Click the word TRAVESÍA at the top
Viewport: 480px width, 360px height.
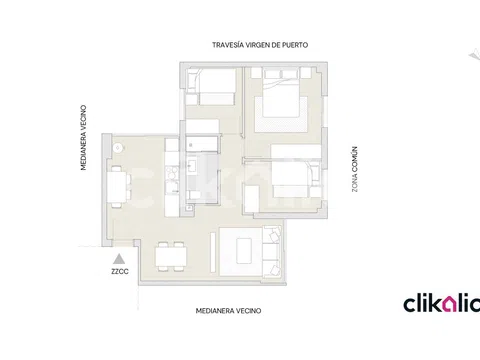(x=228, y=45)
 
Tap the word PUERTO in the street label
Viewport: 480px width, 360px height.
(x=296, y=45)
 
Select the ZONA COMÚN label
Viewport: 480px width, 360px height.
(x=354, y=169)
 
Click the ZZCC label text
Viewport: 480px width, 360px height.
(x=120, y=272)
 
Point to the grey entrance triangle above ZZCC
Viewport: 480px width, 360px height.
(x=119, y=259)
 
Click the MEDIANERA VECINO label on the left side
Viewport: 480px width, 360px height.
(x=83, y=138)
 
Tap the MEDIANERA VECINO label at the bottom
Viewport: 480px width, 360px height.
(x=228, y=311)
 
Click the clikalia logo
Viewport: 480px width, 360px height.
(x=441, y=304)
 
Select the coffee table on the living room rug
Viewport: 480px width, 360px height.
(x=244, y=250)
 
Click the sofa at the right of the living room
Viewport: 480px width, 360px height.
(x=272, y=251)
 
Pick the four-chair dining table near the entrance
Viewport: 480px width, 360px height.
(x=171, y=256)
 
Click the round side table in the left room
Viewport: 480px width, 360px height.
(x=118, y=148)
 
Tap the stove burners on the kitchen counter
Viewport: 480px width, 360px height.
(x=172, y=173)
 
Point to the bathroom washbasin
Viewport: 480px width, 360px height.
(x=192, y=166)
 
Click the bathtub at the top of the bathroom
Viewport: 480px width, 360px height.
(x=202, y=143)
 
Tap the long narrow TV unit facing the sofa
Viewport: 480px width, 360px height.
(x=213, y=252)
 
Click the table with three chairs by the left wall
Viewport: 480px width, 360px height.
(x=118, y=187)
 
